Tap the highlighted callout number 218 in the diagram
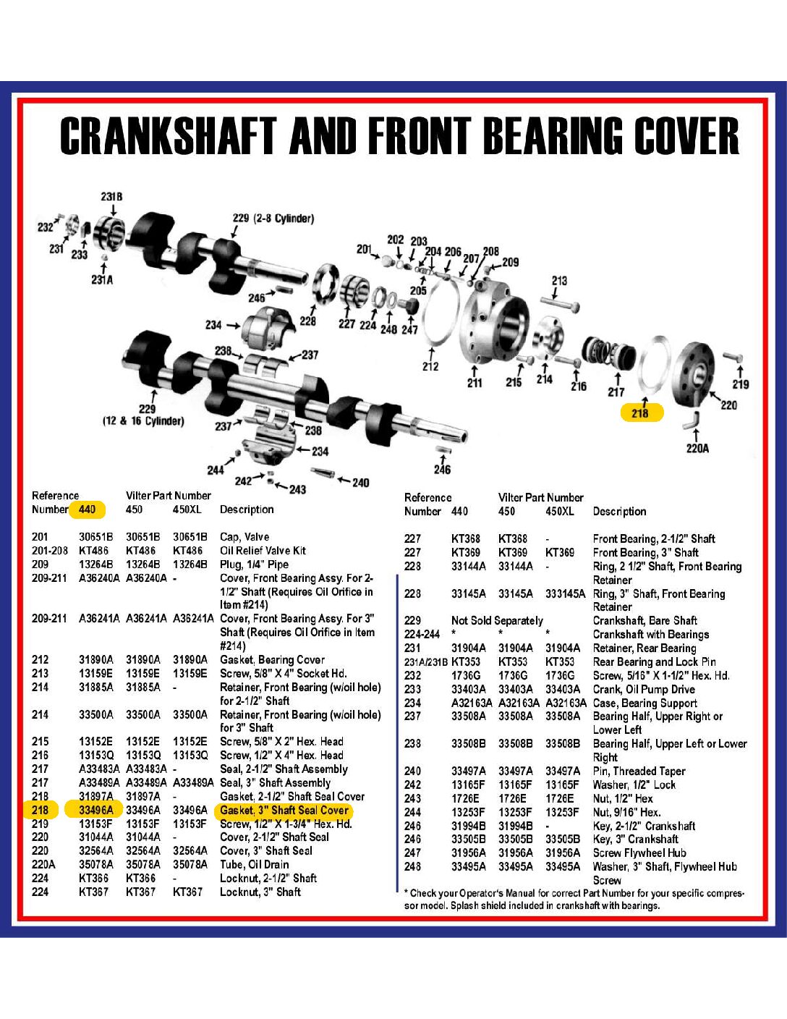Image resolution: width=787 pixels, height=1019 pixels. point(640,413)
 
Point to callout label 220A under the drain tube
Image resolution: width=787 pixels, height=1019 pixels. point(697,448)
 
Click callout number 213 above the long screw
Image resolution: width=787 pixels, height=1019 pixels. point(559,281)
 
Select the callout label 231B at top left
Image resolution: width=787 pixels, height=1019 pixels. point(111,196)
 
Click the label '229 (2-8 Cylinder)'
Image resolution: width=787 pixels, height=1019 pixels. point(273,219)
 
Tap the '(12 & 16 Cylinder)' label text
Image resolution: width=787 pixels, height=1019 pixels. point(143,421)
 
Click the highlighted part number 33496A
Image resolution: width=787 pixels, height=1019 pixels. point(95,810)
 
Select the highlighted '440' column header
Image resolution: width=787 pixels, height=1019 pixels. point(88,509)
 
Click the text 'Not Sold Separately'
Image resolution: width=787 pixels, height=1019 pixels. point(497,620)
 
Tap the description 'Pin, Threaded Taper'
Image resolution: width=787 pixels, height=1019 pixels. point(639,771)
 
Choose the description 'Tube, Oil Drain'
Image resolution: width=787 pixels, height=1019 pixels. point(254,864)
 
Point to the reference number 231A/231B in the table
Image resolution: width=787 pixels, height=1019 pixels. point(425,661)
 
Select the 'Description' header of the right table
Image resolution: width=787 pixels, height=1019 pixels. point(619,511)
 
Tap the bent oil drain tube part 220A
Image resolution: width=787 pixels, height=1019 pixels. point(691,419)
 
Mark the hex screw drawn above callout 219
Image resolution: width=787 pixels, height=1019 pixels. point(733,358)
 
